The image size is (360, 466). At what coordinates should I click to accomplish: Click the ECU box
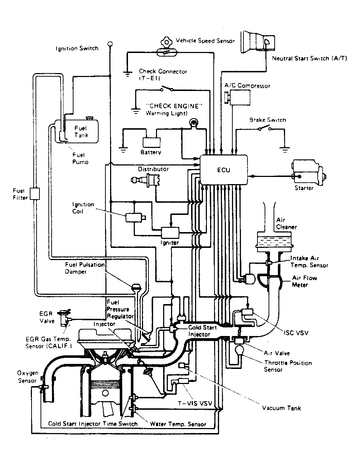click(224, 170)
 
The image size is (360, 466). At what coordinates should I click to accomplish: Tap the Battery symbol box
click(151, 142)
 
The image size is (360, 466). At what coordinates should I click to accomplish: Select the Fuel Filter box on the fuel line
click(35, 193)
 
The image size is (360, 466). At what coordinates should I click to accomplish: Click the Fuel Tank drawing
click(81, 131)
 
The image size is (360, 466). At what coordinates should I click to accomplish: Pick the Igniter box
click(170, 232)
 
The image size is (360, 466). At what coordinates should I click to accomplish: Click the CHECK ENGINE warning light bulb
click(194, 123)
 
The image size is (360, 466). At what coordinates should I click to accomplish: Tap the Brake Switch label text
click(267, 120)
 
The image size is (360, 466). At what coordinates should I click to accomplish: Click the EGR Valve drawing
click(65, 317)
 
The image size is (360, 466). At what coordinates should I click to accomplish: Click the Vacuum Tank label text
click(281, 408)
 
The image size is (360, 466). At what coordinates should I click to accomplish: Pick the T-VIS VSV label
click(195, 403)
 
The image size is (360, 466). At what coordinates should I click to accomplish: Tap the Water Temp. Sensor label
click(178, 424)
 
